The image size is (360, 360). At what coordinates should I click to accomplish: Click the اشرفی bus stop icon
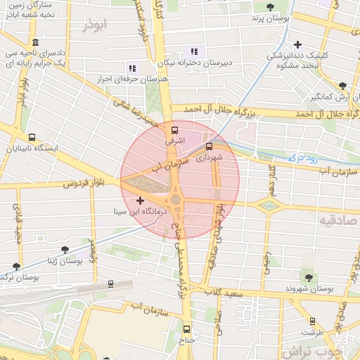tap(174, 129)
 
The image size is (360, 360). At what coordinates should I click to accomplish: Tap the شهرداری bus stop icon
tap(209, 146)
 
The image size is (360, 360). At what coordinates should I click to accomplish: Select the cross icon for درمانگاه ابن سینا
tap(140, 200)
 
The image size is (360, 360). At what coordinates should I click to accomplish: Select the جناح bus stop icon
tap(186, 329)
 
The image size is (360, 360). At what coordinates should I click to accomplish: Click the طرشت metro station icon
tap(312, 321)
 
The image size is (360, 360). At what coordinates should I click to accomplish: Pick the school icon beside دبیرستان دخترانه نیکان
tap(195, 51)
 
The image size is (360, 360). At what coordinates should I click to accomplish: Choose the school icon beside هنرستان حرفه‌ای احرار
tap(131, 68)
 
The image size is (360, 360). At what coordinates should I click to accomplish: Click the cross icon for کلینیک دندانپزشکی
tap(298, 44)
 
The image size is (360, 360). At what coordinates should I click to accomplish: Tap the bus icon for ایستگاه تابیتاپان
tap(31, 138)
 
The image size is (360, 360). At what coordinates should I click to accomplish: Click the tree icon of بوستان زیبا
tap(65, 250)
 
